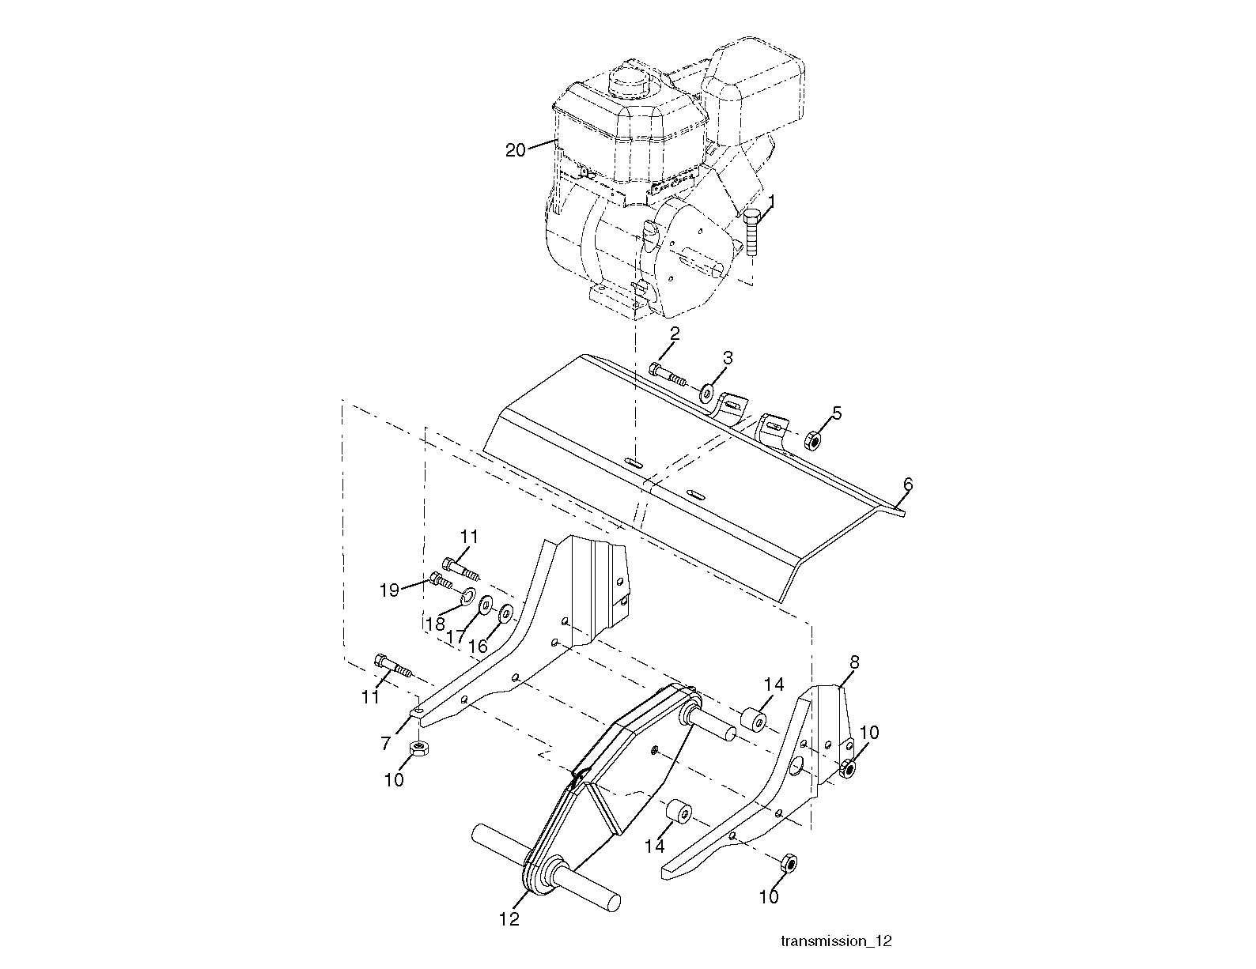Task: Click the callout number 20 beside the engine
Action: coord(515,150)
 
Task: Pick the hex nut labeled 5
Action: coord(812,440)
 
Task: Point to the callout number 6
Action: coord(907,484)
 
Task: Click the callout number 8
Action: coord(854,662)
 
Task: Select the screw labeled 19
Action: coord(441,580)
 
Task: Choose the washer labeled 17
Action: coord(485,605)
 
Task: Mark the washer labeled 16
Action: coord(506,614)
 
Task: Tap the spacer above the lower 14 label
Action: coord(679,812)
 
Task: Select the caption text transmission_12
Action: coord(836,941)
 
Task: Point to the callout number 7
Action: coord(385,743)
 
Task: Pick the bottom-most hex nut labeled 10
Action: coord(789,863)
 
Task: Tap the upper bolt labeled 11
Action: coord(461,568)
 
